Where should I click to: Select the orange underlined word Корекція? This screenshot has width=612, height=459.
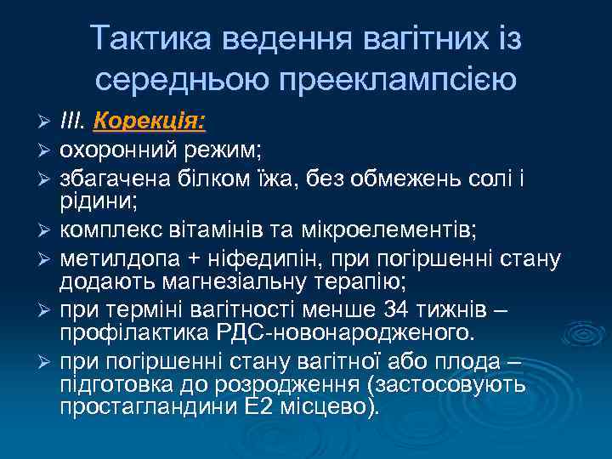(149, 122)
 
